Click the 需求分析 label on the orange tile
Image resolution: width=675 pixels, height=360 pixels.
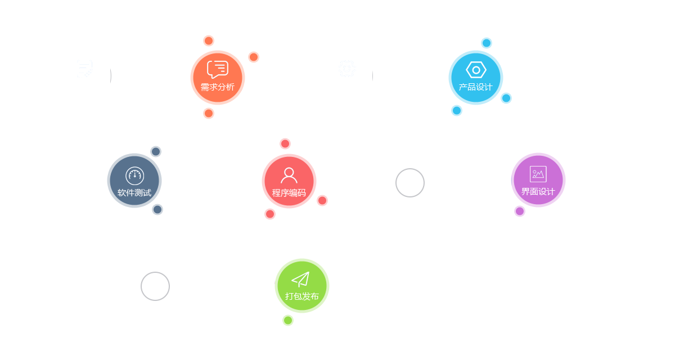tap(218, 87)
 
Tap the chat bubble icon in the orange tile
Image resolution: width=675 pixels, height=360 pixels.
tap(218, 69)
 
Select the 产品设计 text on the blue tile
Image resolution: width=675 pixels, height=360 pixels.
tap(475, 87)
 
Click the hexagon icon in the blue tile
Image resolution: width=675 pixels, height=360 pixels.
tap(476, 70)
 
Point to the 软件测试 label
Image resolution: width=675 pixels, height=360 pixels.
tap(134, 193)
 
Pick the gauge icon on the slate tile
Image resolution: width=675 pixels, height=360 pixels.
tap(135, 176)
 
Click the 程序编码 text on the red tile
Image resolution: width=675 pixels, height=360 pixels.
tap(289, 193)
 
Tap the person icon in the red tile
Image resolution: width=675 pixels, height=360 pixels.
tap(289, 175)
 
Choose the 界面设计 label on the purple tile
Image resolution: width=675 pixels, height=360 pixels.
tap(538, 192)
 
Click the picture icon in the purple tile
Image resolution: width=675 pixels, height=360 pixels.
tap(538, 174)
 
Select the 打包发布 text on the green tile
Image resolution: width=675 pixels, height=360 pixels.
tap(302, 296)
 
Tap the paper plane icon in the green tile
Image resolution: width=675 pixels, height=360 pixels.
tap(300, 279)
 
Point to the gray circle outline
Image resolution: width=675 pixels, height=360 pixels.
tap(410, 181)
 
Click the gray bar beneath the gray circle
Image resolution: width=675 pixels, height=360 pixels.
tap(410, 195)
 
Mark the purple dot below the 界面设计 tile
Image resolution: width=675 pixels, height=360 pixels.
tap(520, 212)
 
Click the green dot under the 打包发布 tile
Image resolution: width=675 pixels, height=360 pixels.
tap(288, 321)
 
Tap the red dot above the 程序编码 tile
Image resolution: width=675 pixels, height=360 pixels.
tap(285, 143)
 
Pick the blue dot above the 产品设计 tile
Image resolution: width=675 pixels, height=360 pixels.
tap(487, 42)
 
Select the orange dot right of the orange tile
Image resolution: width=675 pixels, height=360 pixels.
tap(254, 57)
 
